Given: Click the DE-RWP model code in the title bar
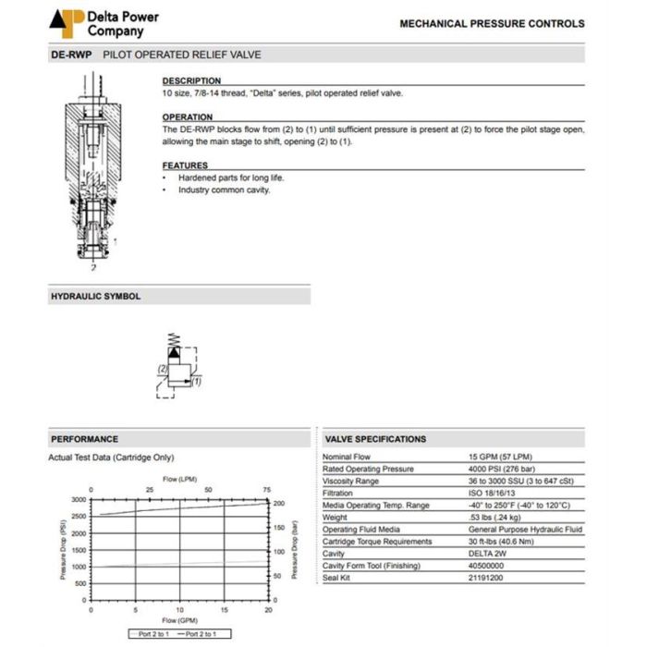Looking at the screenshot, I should coord(69,55).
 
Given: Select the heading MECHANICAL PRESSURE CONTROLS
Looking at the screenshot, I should coord(492,24).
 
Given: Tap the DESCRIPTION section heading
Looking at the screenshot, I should coord(191,81).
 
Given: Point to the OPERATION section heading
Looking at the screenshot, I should coord(188,117).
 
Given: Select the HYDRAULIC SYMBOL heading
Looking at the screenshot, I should coord(95,297).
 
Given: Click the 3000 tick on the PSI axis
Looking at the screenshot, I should coord(79,499).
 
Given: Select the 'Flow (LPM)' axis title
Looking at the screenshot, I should coord(180,479).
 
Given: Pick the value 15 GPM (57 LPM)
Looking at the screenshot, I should coord(500,458).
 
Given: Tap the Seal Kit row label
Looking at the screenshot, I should coord(337,578).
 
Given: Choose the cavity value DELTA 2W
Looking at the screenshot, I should coord(488,554).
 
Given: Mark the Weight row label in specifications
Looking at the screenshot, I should coord(336,518).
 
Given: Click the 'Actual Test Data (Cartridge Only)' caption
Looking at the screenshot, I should coord(111,458).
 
